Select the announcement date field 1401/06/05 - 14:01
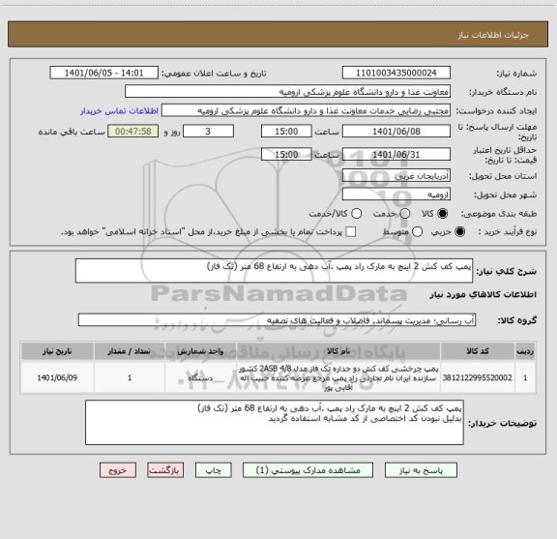tap(104, 73)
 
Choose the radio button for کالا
tap(444, 213)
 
